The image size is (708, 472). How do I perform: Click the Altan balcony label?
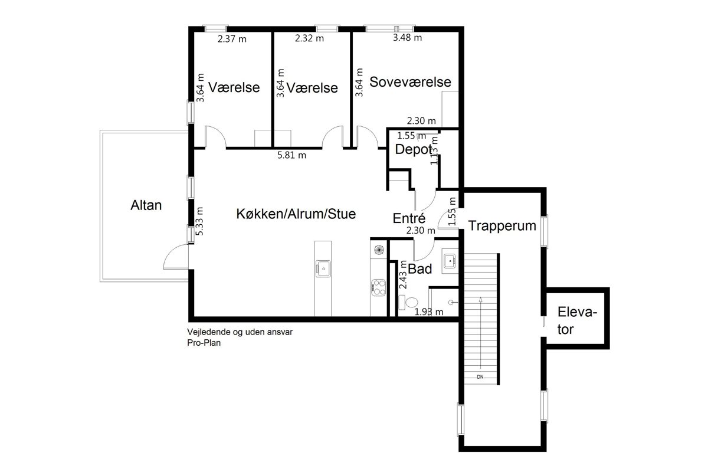[x=146, y=205]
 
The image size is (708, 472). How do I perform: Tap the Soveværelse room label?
[x=410, y=82]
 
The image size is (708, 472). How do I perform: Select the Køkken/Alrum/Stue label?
[x=296, y=214]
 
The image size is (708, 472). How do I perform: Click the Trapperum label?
[x=502, y=226]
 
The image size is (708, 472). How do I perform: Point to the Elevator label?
[x=577, y=320]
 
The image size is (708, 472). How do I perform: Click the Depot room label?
[x=414, y=149]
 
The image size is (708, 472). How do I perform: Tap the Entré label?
[x=409, y=218]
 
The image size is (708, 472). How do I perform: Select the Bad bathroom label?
[x=419, y=268]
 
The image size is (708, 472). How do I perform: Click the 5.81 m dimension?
[x=291, y=155]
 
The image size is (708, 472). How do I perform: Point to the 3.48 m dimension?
[x=407, y=38]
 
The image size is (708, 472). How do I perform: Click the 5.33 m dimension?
[x=199, y=221]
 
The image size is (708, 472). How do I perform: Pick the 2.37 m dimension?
[x=232, y=39]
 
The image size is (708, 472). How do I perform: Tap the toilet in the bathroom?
[x=408, y=303]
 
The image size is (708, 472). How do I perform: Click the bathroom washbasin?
[x=450, y=261]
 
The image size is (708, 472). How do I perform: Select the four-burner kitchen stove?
[x=378, y=288]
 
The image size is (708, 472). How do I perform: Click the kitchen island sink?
[x=323, y=268]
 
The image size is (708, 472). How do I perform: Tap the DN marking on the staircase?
[x=480, y=377]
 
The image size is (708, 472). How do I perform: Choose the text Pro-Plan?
[x=204, y=343]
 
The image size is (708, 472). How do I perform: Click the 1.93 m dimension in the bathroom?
[x=428, y=312]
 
